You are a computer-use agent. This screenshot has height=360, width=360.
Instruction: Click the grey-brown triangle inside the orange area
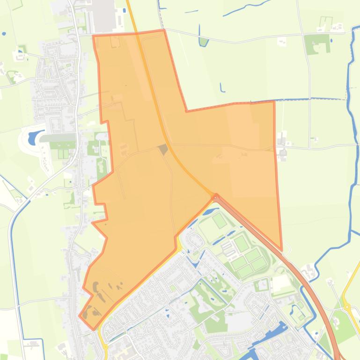tap(163, 150)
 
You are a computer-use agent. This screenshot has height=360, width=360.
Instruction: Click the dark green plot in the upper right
tap(317, 44)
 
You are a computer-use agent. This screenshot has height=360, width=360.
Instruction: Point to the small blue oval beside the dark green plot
tap(331, 41)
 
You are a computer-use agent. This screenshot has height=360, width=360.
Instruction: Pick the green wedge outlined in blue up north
tap(203, 41)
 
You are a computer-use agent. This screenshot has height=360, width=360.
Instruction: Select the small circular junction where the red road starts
tap(216, 196)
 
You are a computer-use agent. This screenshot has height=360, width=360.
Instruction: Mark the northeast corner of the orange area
tap(274, 101)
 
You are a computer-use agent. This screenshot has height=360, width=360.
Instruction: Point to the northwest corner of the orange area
tap(94, 36)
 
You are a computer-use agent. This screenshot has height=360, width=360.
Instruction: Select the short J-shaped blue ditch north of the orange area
tap(221, 87)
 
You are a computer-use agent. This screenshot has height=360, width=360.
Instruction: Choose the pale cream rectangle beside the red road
tap(282, 283)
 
